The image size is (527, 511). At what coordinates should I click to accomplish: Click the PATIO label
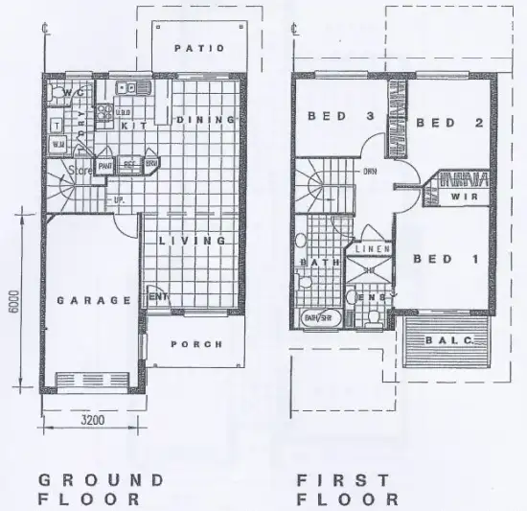[x=199, y=48]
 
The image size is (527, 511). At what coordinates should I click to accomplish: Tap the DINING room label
[x=205, y=120]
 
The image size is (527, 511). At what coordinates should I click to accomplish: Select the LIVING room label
[x=193, y=241]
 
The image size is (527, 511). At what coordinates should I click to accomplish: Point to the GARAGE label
[x=93, y=300]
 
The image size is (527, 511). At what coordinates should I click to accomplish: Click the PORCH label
[x=195, y=344]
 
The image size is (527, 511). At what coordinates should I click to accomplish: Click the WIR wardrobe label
[x=462, y=197]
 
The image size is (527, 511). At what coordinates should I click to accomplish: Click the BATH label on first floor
[x=315, y=262]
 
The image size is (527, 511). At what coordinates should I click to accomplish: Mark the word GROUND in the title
[x=100, y=478]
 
